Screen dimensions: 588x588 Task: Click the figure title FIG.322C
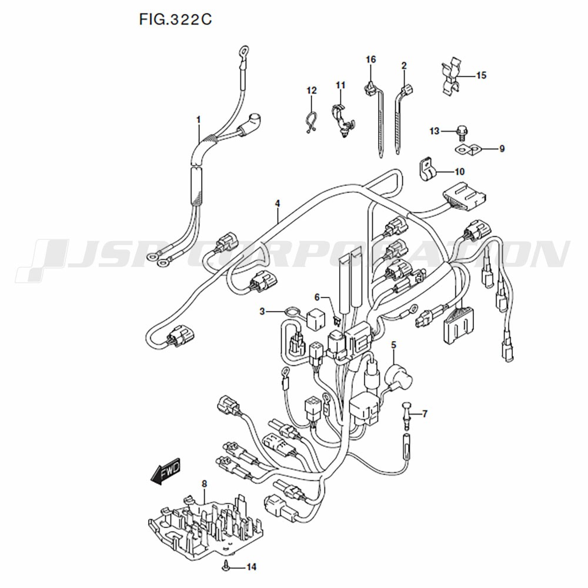click(175, 19)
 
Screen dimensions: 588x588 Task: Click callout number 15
click(481, 75)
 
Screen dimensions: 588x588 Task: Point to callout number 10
click(459, 172)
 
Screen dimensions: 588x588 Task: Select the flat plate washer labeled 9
click(468, 150)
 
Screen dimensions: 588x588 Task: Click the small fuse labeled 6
click(336, 320)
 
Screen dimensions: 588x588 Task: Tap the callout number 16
click(370, 59)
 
